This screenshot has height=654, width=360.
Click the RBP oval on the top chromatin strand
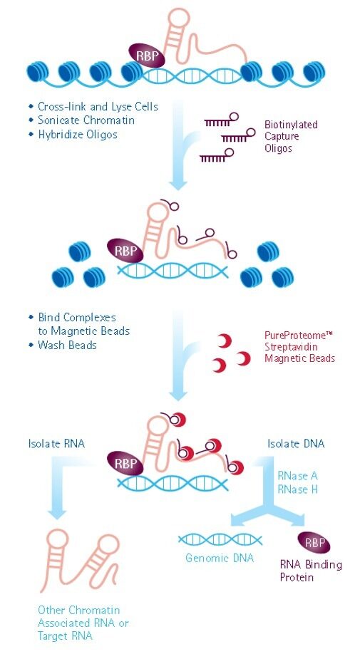146,55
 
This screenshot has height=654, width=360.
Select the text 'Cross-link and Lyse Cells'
98,107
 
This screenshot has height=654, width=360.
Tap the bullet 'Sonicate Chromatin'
86,120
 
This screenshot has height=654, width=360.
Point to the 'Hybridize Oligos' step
78,135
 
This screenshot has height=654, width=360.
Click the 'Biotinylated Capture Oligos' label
291,136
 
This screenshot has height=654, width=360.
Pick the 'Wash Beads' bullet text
67,346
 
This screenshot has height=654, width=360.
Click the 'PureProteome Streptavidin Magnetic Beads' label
300,347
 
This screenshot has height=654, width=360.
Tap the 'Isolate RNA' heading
56,443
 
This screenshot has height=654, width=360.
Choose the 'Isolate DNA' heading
296,443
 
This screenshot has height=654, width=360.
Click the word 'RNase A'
298,475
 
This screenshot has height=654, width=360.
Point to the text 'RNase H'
298,489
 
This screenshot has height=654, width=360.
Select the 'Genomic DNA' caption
220,558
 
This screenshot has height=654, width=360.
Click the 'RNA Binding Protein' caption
311,571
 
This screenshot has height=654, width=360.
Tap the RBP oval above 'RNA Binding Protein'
314,543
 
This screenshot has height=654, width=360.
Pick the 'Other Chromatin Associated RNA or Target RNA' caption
83,623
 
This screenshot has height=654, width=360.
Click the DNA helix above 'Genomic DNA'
220,540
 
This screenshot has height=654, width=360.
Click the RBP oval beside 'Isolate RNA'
125,464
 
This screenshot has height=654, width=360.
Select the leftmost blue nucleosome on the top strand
38,72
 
